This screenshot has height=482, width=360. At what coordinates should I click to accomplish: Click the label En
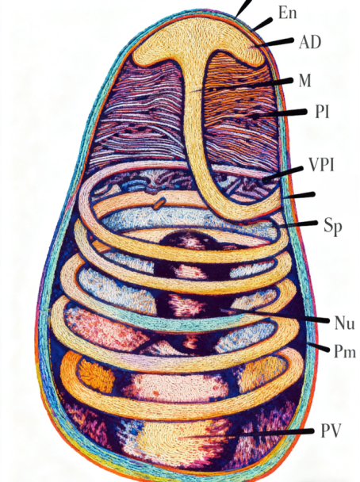click(x=288, y=13)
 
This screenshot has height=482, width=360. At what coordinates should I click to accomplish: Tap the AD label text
click(x=310, y=42)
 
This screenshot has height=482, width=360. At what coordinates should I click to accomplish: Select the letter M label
click(x=304, y=81)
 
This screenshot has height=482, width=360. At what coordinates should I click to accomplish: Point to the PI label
click(x=322, y=112)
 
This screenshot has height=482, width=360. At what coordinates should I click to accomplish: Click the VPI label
click(x=321, y=165)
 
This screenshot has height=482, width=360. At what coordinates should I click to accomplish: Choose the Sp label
click(x=333, y=227)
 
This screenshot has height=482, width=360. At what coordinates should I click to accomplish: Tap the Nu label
click(x=344, y=323)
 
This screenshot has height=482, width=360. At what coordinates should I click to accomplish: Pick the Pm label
click(x=345, y=351)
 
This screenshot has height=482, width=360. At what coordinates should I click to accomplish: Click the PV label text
click(x=331, y=430)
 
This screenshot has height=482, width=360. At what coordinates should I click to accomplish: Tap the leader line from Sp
click(x=296, y=224)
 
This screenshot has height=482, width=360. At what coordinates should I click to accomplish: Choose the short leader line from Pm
click(x=319, y=347)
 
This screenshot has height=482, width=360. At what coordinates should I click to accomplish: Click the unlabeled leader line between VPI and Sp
click(x=299, y=196)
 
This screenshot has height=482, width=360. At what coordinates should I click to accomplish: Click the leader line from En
click(x=262, y=25)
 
